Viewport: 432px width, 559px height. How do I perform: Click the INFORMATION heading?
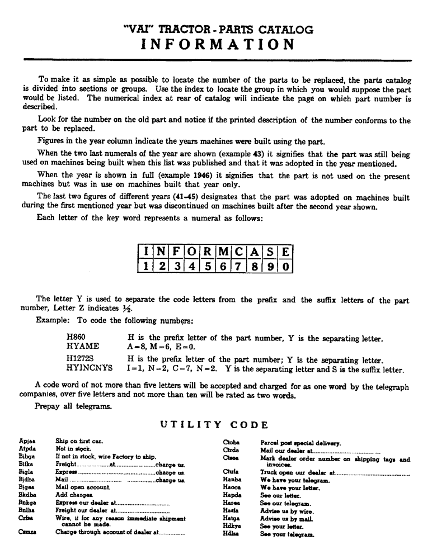tap(215, 44)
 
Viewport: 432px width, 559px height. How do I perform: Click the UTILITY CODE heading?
tap(214, 425)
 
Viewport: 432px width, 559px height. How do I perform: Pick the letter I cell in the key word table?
tap(145, 252)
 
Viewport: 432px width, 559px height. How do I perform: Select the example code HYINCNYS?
tap(90, 368)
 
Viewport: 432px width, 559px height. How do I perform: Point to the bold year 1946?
tap(204, 175)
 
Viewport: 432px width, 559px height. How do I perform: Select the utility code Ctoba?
tap(231, 442)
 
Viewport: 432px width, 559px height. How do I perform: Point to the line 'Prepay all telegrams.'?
tap(73, 406)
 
